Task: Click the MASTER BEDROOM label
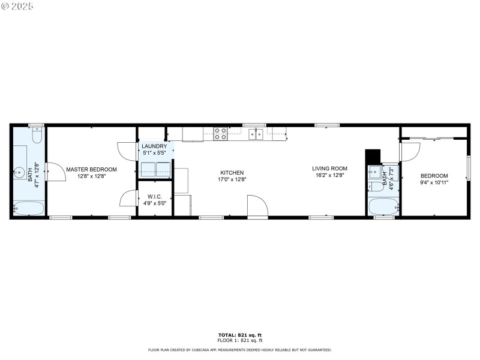tap(91, 169)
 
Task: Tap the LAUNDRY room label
tap(154, 146)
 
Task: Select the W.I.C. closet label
tap(154, 196)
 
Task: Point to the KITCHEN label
tap(232, 172)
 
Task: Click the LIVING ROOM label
tap(330, 169)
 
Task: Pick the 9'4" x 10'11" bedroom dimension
tap(434, 182)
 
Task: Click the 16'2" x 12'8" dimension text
tap(330, 175)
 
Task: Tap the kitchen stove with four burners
tap(220, 133)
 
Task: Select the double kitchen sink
tap(257, 134)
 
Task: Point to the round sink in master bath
tap(17, 172)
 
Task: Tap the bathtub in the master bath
tap(29, 209)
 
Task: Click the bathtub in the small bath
tap(383, 207)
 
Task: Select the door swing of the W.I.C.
tap(128, 199)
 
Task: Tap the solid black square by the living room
tap(373, 156)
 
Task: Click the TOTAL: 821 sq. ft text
tap(239, 334)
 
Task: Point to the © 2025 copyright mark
tap(17, 5)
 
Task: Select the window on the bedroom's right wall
tap(468, 167)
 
